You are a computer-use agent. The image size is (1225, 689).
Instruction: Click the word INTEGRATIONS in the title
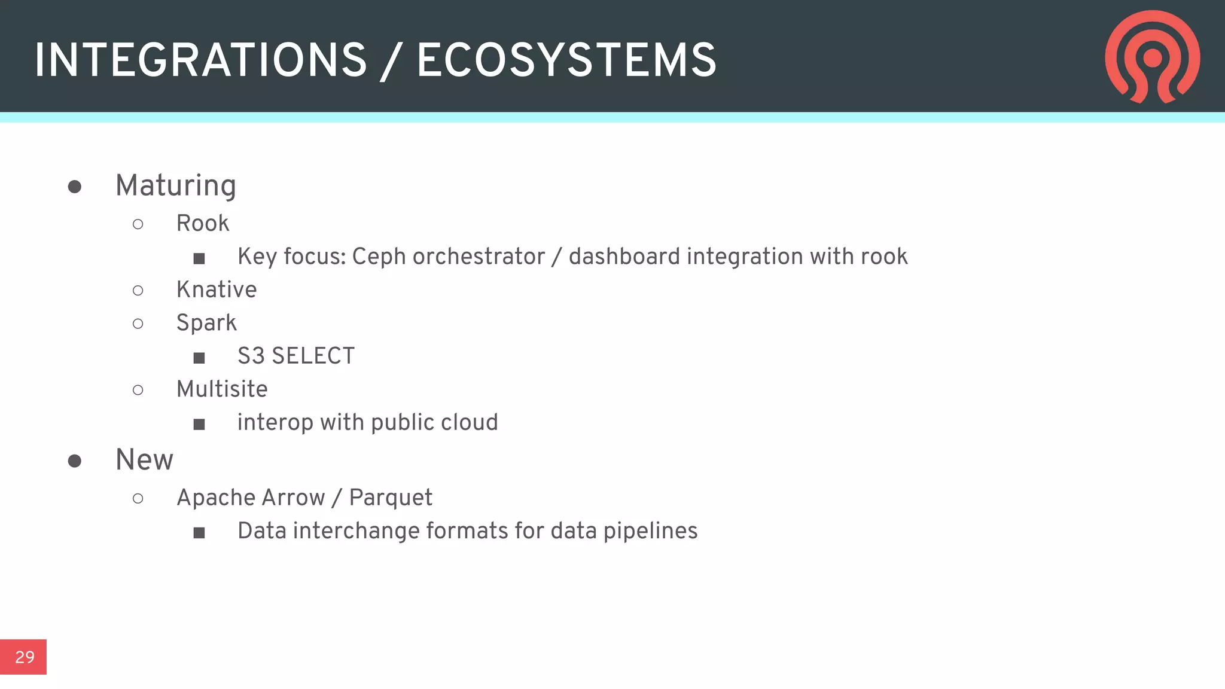tap(200, 60)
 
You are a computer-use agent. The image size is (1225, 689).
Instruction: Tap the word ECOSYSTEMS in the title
tap(566, 60)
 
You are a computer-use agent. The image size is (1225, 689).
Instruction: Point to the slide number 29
tap(25, 657)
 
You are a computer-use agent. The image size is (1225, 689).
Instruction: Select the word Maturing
tap(176, 186)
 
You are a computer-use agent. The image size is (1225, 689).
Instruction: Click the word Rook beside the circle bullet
tap(203, 224)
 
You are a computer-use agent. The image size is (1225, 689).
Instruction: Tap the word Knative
tap(217, 290)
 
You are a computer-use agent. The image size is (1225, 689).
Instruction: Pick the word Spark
tap(206, 324)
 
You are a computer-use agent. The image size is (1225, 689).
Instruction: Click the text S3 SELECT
tap(296, 356)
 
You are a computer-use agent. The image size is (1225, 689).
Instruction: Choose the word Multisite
tap(222, 389)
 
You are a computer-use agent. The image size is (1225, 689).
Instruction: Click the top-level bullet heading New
tap(144, 460)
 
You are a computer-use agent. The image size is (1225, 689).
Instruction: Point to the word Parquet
tap(391, 498)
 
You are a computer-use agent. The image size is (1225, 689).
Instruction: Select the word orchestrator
tap(479, 257)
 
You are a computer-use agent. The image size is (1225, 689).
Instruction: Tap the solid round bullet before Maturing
tap(75, 187)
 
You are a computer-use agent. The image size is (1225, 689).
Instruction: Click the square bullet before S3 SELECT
tap(199, 358)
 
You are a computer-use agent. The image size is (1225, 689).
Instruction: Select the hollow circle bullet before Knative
tap(138, 291)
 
